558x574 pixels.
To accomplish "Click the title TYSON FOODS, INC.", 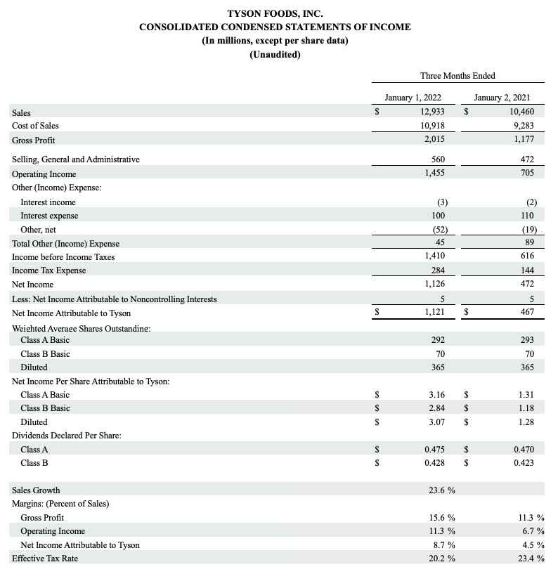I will [x=275, y=13].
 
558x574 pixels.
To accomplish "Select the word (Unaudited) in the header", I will [x=275, y=55].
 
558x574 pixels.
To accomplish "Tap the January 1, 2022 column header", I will [x=413, y=98].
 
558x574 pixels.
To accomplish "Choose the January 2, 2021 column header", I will [x=502, y=98].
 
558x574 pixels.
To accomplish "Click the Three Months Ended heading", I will [x=458, y=76].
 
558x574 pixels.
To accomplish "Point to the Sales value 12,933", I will [x=433, y=112].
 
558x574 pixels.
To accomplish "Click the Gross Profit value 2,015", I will [x=434, y=139].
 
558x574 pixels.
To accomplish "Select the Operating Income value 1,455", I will [x=434, y=173].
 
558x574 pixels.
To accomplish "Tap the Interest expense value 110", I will [x=527, y=216].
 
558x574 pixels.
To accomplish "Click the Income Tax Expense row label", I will [x=49, y=270].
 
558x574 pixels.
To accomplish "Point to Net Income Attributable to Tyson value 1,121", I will [x=434, y=313].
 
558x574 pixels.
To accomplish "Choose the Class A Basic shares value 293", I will [x=526, y=340].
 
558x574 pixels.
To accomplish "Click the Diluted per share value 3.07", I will [x=436, y=422].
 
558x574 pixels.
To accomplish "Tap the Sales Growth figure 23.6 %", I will [x=441, y=490].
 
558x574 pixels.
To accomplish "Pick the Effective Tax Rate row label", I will [x=46, y=559].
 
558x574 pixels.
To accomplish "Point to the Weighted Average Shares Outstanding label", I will [x=82, y=328].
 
